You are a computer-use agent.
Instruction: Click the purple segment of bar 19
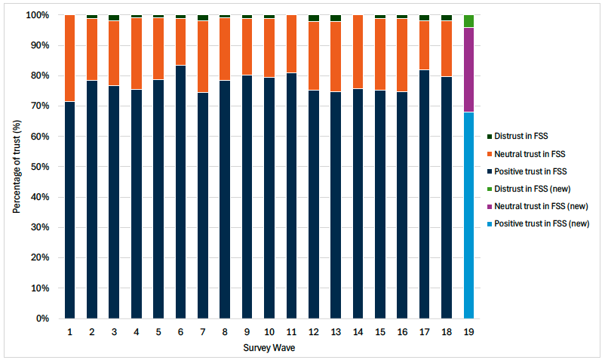(x=468, y=69)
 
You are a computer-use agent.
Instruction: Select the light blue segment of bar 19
(x=468, y=215)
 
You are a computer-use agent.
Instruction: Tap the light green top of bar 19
(x=468, y=21)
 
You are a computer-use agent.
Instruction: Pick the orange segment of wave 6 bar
(x=180, y=42)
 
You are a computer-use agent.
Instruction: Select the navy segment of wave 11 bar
(x=291, y=195)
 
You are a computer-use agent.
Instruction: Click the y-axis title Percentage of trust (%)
(x=16, y=166)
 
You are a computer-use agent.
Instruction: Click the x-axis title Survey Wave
(x=269, y=348)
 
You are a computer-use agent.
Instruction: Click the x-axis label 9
(x=247, y=332)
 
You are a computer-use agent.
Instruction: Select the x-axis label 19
(x=468, y=332)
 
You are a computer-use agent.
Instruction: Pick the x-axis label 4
(x=136, y=332)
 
